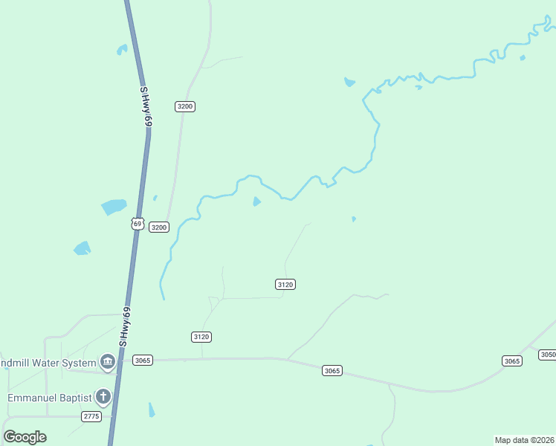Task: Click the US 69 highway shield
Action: pos(136,223)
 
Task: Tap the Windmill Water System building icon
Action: pos(107,363)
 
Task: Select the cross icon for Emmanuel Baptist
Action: pos(103,397)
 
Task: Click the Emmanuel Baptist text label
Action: pos(49,398)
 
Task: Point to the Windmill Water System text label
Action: pos(48,363)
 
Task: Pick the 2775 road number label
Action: pos(91,416)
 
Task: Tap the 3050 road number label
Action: pos(547,355)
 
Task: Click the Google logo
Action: pos(25,436)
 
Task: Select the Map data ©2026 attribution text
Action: pos(525,440)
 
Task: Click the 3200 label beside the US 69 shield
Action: pos(159,227)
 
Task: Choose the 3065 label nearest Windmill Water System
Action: pos(143,361)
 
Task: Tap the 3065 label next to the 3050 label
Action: pos(511,361)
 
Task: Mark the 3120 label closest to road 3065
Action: pos(201,337)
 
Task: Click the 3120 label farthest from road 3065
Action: pos(285,284)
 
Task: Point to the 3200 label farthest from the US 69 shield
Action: pos(185,106)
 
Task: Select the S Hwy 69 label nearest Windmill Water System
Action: pos(126,327)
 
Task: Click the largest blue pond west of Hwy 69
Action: pos(114,207)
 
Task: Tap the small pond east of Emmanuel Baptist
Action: pos(152,410)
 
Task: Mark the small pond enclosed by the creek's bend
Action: pos(257,201)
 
